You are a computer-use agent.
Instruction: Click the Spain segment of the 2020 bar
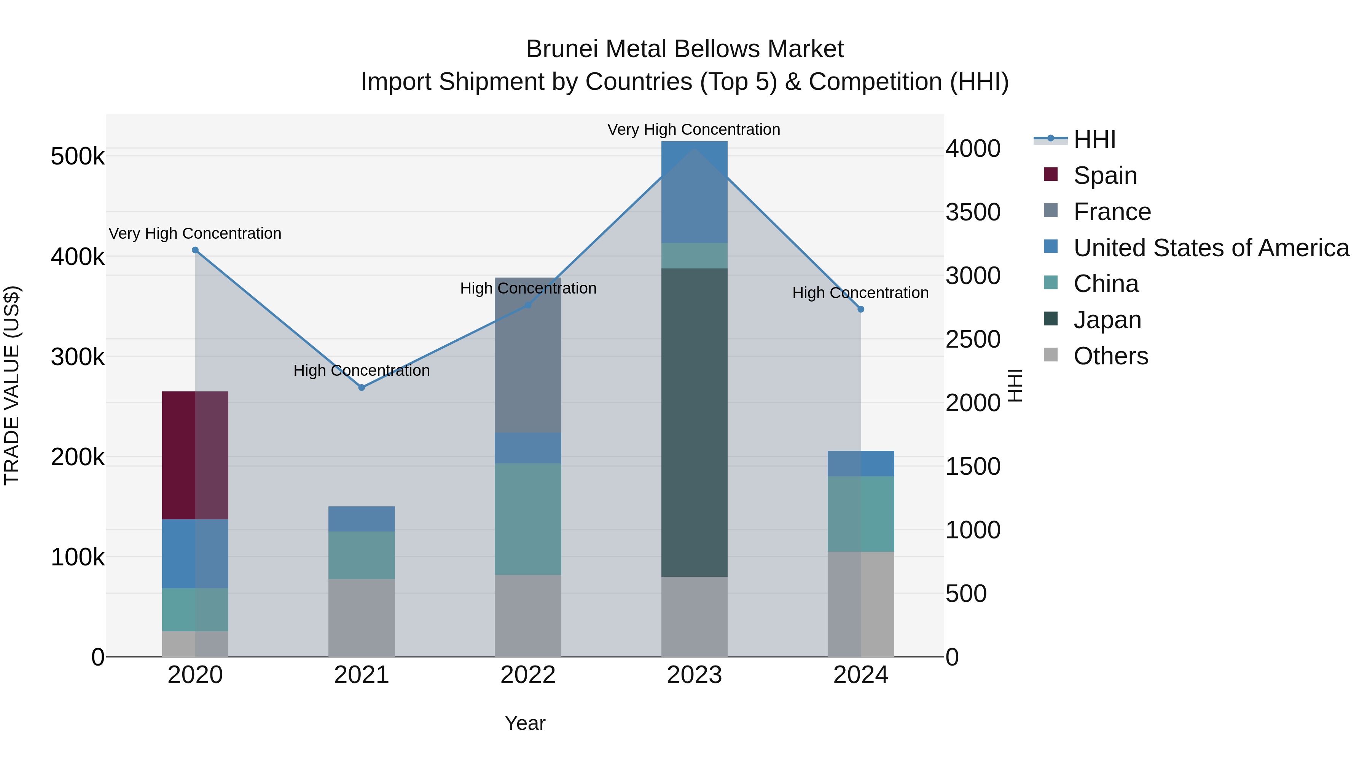(194, 455)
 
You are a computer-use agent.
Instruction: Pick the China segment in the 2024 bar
(860, 514)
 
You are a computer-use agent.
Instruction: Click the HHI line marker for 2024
(860, 309)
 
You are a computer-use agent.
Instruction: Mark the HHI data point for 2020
(195, 250)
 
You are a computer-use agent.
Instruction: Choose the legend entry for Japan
(1107, 320)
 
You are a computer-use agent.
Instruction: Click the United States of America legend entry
(1211, 248)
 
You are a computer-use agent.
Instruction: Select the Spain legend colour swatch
(1050, 174)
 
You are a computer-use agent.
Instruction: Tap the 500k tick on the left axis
(78, 156)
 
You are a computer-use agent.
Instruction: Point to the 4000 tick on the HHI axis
(973, 148)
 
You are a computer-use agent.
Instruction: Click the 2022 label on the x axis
(527, 675)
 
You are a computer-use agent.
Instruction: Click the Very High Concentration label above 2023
(693, 129)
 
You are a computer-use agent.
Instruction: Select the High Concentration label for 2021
(362, 370)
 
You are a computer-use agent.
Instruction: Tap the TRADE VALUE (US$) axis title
(12, 385)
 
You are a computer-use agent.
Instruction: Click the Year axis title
(525, 723)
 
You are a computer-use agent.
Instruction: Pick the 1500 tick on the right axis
(973, 467)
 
